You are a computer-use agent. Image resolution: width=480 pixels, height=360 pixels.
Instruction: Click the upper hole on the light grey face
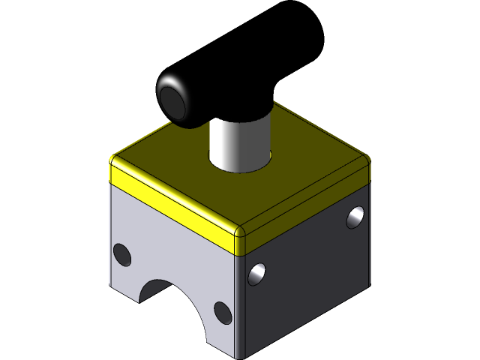(x=121, y=255)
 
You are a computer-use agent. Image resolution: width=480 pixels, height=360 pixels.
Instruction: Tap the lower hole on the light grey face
(x=222, y=311)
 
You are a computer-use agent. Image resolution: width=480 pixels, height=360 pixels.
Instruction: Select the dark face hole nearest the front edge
(x=257, y=274)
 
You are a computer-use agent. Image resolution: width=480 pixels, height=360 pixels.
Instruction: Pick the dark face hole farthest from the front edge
(x=355, y=217)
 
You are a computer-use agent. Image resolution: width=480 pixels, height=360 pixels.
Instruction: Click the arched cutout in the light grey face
(x=169, y=300)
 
